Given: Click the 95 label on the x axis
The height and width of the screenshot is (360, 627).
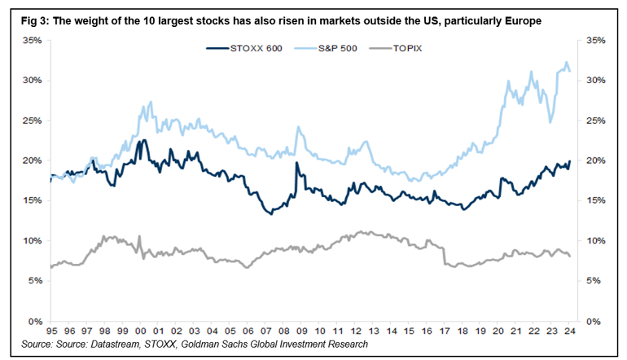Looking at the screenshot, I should [x=50, y=331].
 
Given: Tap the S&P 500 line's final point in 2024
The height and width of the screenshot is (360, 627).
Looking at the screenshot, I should [x=570, y=72].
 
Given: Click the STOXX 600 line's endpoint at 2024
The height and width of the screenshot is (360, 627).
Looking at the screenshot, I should [x=570, y=161].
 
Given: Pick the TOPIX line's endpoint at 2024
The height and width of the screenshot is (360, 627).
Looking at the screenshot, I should [x=570, y=257].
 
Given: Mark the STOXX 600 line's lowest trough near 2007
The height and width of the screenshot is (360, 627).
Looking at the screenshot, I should [x=270, y=214].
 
